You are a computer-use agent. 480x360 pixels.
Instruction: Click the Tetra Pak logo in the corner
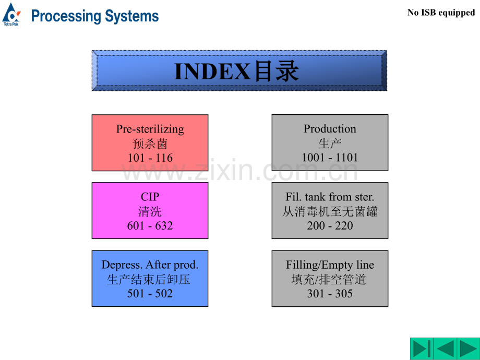coord(11,14)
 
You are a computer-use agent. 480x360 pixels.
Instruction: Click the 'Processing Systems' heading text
coord(94,16)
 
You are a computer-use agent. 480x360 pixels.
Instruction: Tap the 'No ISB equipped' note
coord(441,13)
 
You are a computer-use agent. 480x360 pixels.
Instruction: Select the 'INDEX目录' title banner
coord(239,71)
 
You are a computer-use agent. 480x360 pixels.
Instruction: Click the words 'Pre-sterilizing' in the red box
coord(150,129)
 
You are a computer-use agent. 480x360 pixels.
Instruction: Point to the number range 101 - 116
coord(150,158)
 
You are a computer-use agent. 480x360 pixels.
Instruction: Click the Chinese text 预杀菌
coord(150,143)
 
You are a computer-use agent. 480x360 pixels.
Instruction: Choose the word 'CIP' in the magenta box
coord(150,197)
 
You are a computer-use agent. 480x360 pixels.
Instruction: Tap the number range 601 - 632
coord(150,225)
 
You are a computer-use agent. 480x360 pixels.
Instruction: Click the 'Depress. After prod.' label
coord(150,265)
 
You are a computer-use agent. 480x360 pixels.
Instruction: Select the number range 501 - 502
coord(150,293)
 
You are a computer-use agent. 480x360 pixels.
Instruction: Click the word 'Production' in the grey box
coord(330,129)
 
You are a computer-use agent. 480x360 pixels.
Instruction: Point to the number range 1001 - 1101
coord(330,158)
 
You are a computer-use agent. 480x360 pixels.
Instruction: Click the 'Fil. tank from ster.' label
coord(330,197)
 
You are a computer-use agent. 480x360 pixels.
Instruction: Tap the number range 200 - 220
coord(330,225)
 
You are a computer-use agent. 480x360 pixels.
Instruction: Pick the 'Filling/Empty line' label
coord(330,265)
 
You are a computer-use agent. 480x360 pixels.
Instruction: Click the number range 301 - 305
coord(330,293)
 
